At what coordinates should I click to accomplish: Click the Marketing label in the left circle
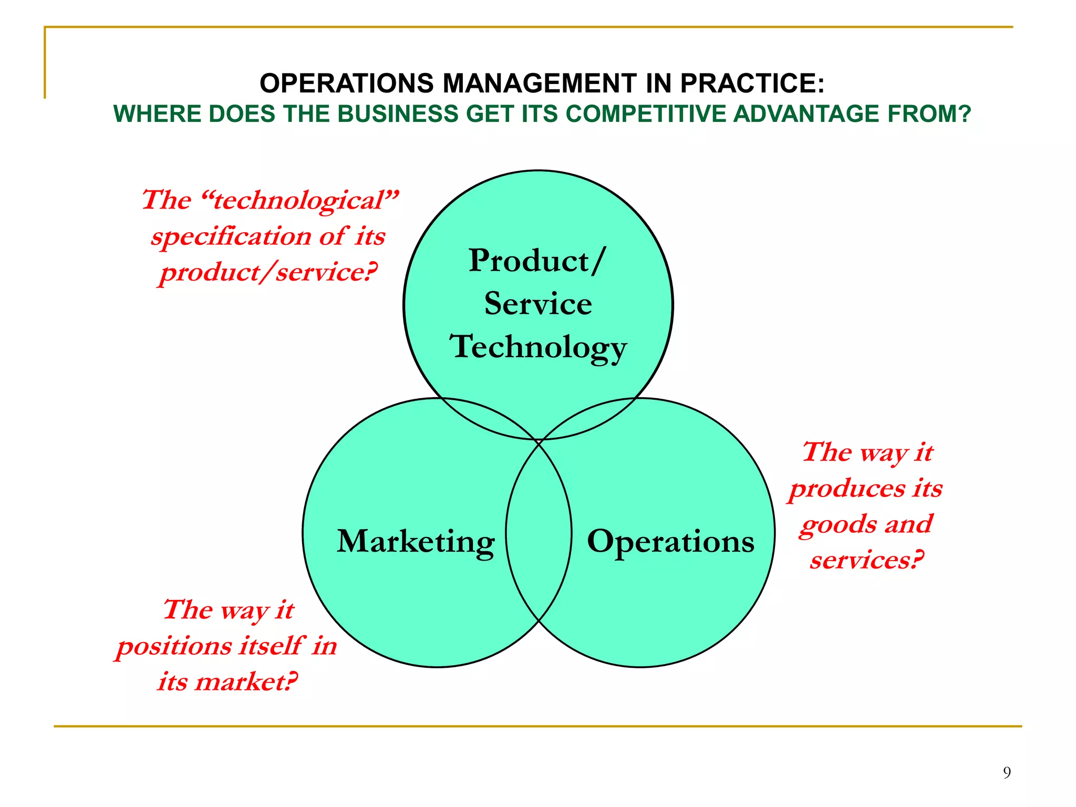[415, 542]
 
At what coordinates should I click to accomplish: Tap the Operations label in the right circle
[670, 542]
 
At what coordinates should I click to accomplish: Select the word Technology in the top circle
[538, 347]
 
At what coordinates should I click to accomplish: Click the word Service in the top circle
[538, 304]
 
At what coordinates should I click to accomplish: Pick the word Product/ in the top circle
[537, 261]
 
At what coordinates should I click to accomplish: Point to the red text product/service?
[268, 272]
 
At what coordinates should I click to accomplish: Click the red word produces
[847, 489]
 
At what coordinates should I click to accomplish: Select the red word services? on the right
[867, 560]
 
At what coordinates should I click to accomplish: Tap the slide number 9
[1007, 772]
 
